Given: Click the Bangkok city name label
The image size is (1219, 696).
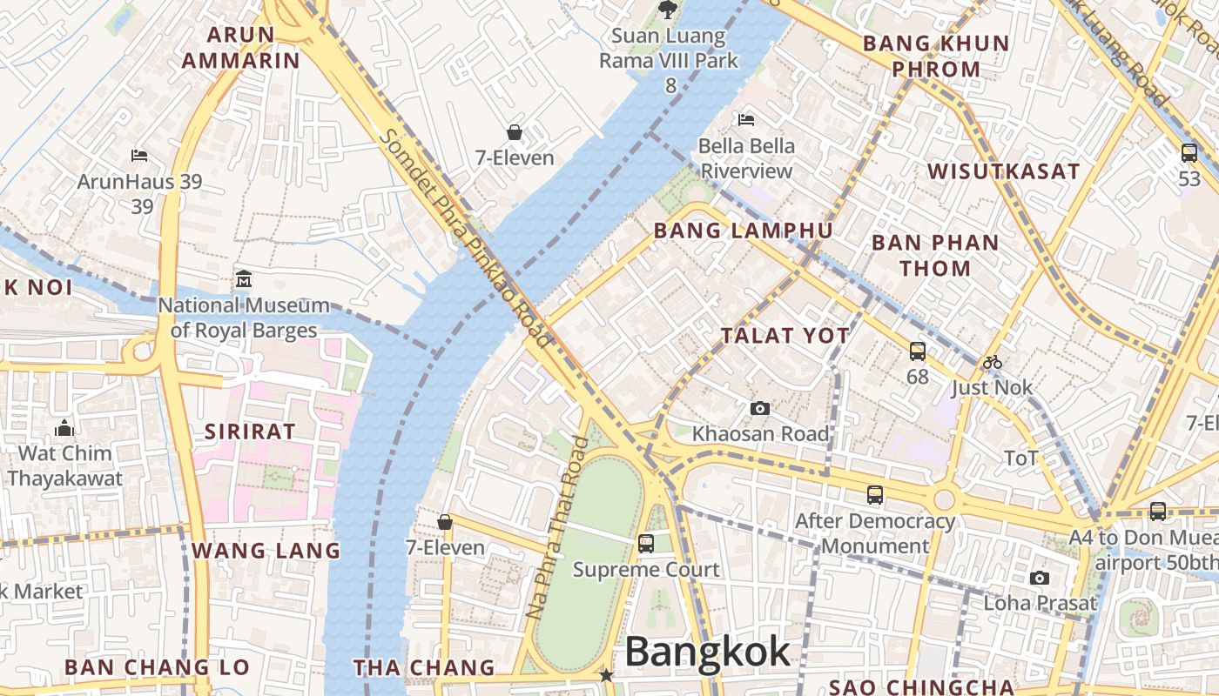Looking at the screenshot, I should [707, 652].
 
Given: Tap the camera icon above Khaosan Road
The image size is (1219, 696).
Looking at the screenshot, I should [760, 408].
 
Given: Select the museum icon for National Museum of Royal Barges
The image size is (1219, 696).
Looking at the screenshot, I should [244, 280].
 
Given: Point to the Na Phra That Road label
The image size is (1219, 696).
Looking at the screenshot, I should [557, 528].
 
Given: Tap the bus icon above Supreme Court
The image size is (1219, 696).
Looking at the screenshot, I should [645, 544].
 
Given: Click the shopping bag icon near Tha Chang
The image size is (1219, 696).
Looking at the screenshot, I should [445, 522].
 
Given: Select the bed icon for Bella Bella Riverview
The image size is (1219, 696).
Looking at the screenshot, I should [746, 119].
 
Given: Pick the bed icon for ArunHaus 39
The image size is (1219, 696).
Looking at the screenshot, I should [139, 156].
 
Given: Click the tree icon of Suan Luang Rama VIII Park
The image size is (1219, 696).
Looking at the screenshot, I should [668, 10].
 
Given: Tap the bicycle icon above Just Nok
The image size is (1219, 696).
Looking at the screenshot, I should [992, 362].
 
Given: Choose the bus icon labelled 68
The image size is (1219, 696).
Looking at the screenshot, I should [918, 351].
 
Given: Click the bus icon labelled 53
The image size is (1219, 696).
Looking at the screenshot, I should [1189, 153].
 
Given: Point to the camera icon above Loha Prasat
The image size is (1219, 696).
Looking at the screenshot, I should [1040, 578].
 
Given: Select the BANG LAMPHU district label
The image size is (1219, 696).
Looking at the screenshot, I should [743, 231].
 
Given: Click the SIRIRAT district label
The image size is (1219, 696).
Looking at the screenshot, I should [250, 432].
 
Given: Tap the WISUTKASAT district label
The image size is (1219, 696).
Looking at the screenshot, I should [1003, 171].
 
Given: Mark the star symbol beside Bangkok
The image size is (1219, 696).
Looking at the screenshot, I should [606, 675].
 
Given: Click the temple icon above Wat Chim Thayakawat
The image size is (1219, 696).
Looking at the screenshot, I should [64, 428].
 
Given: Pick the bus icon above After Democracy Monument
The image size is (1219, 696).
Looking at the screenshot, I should [875, 495].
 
